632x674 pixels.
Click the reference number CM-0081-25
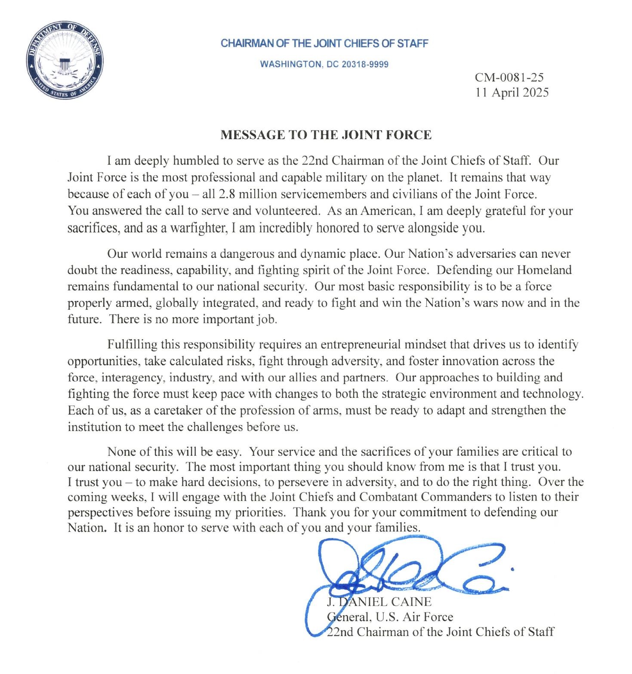509,77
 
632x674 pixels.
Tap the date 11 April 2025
512,93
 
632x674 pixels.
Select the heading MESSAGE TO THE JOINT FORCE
326,135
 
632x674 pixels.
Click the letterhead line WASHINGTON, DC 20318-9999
324,65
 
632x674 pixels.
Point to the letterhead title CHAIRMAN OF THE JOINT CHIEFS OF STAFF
324,43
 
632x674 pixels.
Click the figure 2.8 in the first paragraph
227,194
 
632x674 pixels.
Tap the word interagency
133,377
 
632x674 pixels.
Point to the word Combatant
388,497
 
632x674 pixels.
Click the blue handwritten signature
413,568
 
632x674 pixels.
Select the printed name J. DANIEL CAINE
379,602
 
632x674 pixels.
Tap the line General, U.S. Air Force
390,617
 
